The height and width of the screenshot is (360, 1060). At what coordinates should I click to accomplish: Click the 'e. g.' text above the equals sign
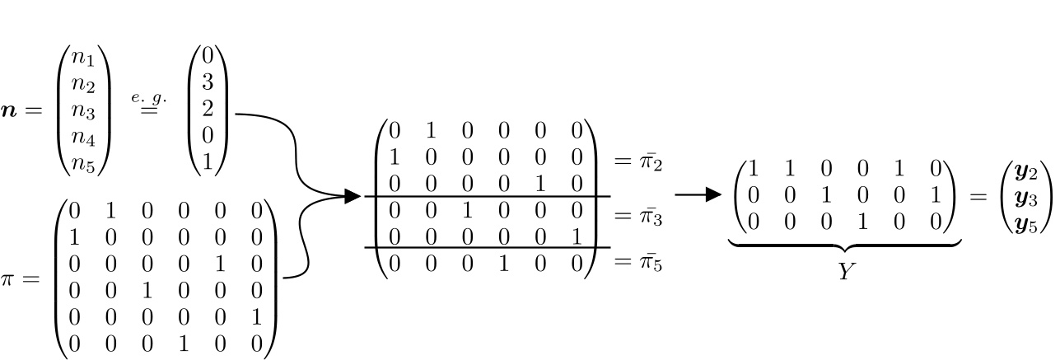(148, 96)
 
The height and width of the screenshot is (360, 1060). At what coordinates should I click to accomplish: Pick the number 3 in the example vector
(208, 83)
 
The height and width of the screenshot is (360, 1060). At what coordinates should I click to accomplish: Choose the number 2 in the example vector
(208, 110)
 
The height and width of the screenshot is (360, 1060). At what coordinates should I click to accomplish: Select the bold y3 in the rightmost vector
(1020, 197)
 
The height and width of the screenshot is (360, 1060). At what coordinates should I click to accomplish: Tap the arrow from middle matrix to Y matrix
(697, 195)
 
